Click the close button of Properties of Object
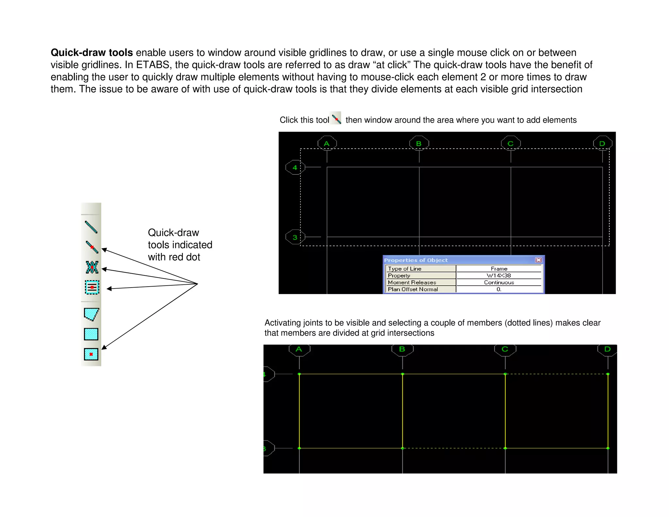538,260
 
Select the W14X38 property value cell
498,275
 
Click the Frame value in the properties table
498,269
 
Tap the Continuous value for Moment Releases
498,282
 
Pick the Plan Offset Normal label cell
421,289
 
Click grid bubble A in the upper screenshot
327,143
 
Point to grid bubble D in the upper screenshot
602,143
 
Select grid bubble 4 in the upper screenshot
295,167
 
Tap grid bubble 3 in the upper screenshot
295,237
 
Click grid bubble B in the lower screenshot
402,349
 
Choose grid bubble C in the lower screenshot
505,349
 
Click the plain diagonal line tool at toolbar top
91,227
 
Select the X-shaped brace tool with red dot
92,267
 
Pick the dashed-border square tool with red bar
92,287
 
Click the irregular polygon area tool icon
91,314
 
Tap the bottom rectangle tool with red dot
91,354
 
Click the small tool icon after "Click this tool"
336,118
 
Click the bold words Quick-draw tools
91,53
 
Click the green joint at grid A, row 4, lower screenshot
299,374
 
